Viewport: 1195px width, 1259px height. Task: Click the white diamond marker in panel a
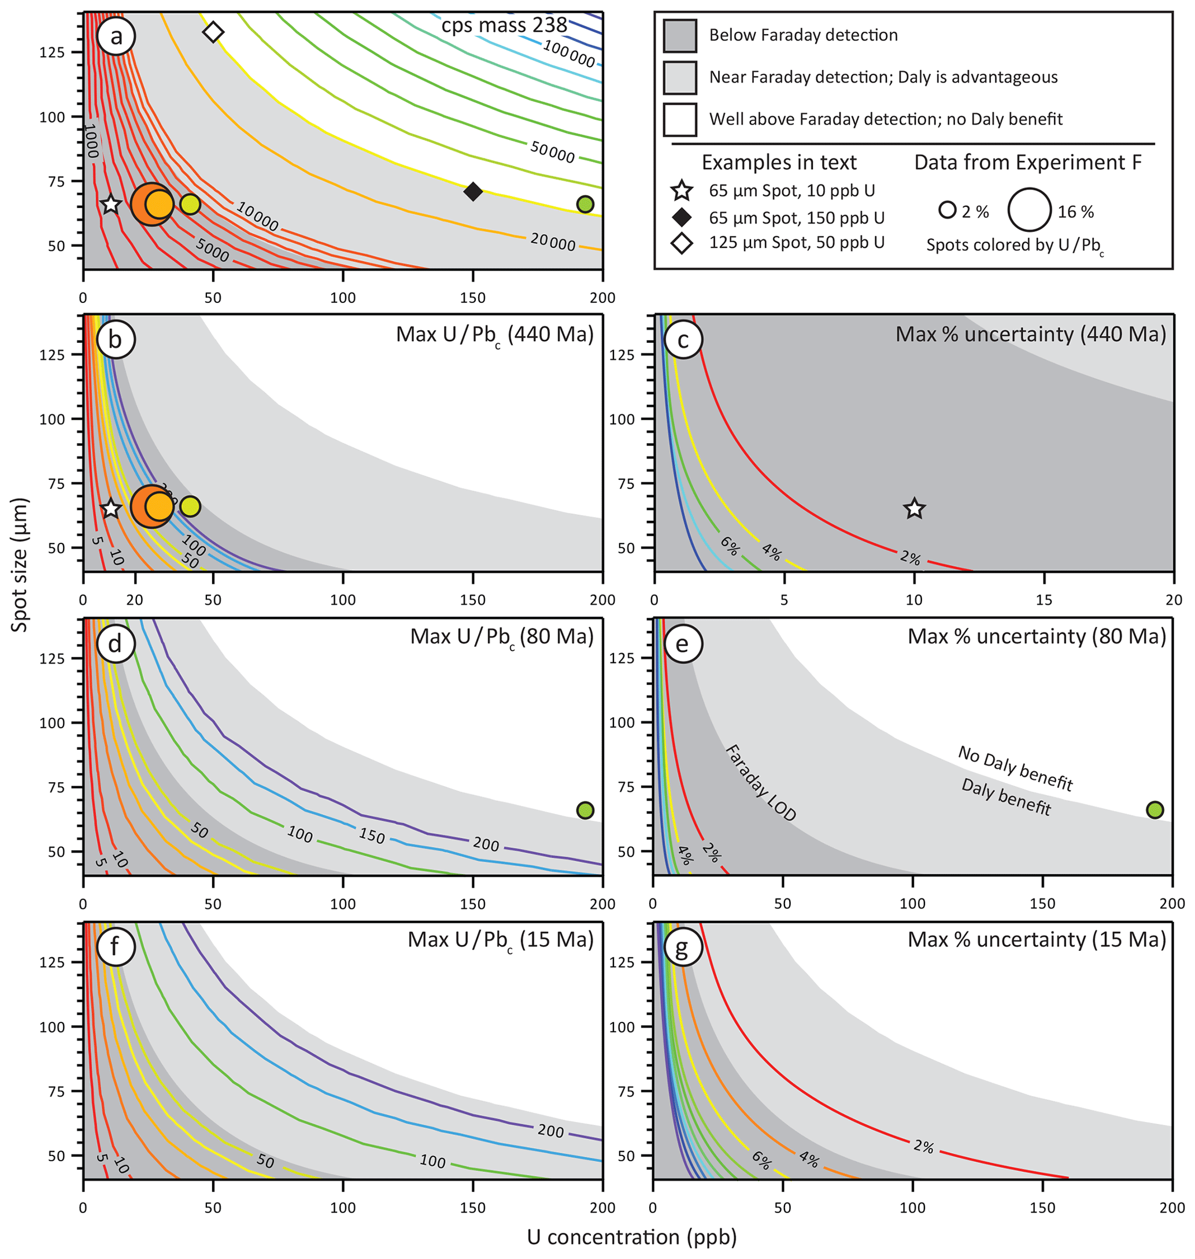pyautogui.click(x=213, y=32)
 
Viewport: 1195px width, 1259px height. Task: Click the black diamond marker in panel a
pyautogui.click(x=473, y=191)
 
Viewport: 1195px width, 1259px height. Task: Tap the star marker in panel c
pyautogui.click(x=914, y=508)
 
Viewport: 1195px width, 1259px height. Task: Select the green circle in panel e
pyautogui.click(x=1154, y=810)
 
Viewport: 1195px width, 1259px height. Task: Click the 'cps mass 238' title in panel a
pyautogui.click(x=504, y=25)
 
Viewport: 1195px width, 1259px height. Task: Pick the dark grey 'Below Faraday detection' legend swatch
pyautogui.click(x=680, y=35)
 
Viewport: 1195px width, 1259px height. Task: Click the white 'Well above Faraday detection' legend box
pyautogui.click(x=680, y=119)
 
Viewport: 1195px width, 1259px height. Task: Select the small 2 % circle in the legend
pyautogui.click(x=947, y=210)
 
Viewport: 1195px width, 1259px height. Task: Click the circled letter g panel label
pyautogui.click(x=682, y=947)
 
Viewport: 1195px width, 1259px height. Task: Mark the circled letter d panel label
pyautogui.click(x=115, y=643)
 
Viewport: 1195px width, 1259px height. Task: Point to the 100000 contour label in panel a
pyautogui.click(x=569, y=54)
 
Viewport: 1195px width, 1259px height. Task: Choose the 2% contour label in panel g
pyautogui.click(x=923, y=1147)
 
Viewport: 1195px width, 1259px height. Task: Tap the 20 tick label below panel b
pyautogui.click(x=134, y=600)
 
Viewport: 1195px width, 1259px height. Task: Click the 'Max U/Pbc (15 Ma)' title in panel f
pyautogui.click(x=501, y=940)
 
